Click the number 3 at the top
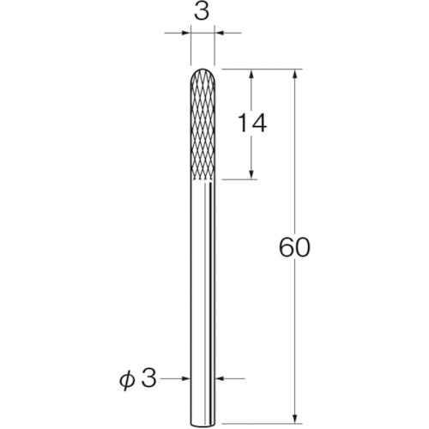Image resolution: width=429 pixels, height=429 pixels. (x=202, y=12)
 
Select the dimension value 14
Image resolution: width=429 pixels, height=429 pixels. (x=252, y=123)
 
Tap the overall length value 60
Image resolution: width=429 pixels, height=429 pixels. (x=294, y=247)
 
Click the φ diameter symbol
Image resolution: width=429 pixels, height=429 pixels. (x=127, y=380)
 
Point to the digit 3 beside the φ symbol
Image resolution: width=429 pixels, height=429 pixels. (x=148, y=378)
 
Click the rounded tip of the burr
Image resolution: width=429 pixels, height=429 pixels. (x=202, y=69)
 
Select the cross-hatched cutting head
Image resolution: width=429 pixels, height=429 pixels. (x=202, y=124)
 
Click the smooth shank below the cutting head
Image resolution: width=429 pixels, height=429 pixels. (x=202, y=302)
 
